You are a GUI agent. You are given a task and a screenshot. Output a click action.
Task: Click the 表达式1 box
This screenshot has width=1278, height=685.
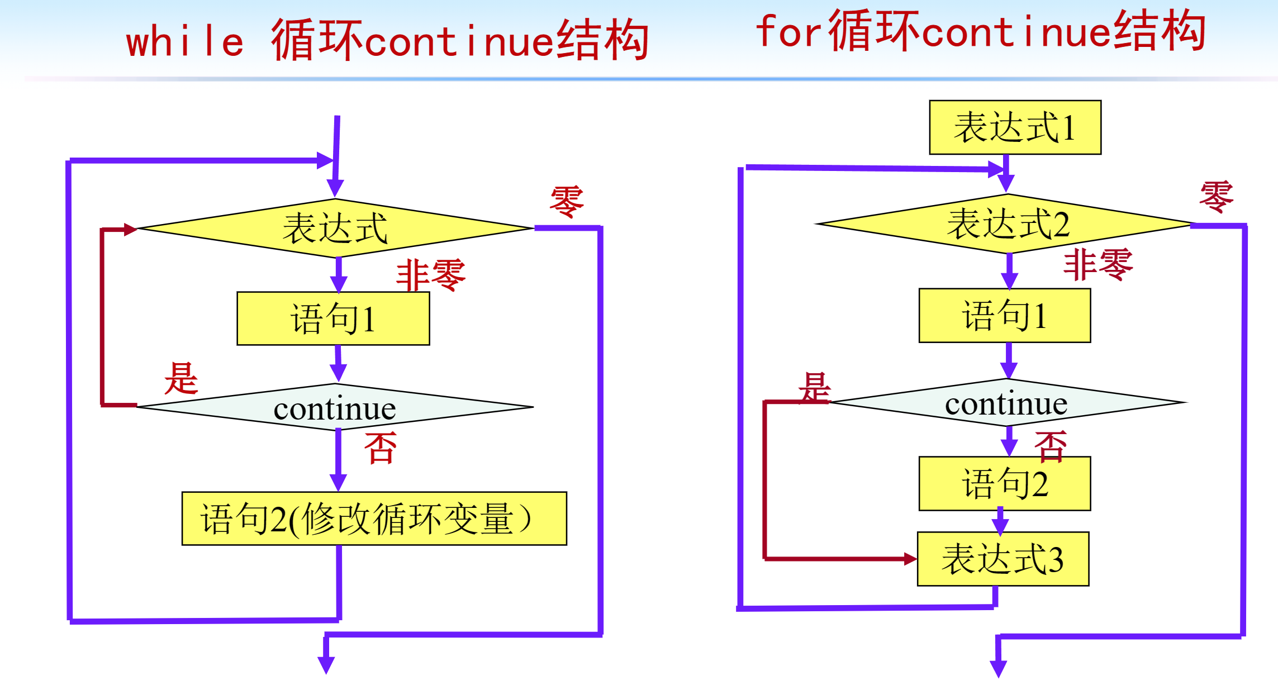pos(1015,127)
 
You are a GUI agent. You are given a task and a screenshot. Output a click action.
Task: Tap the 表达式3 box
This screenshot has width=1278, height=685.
pos(1003,559)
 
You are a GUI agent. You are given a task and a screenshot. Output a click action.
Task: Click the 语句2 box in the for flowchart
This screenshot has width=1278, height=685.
pos(1005,483)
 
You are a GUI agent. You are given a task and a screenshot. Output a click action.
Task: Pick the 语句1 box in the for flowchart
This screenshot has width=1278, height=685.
pos(1005,316)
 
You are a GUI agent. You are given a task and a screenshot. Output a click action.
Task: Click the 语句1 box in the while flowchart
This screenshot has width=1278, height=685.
pos(333,318)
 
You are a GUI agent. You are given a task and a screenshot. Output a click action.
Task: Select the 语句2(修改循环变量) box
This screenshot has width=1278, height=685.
pos(374,518)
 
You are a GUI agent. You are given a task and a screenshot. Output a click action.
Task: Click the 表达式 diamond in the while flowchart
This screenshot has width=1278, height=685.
pos(335,228)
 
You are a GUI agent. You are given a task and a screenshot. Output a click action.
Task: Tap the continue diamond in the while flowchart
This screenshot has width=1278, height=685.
pos(335,407)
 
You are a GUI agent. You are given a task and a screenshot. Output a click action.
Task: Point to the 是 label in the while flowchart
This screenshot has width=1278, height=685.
pos(181,378)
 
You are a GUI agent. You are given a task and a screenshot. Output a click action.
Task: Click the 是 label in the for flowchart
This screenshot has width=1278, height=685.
pos(815,387)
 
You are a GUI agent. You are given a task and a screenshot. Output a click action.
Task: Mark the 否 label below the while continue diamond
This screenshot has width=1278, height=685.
pos(381,448)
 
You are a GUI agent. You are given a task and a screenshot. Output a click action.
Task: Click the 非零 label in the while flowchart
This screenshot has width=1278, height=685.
pos(430,275)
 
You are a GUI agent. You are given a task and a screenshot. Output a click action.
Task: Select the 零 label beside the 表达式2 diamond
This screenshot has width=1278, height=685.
pos(1216,197)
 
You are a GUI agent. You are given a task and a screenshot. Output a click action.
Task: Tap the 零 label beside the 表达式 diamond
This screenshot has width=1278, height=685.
pos(567,202)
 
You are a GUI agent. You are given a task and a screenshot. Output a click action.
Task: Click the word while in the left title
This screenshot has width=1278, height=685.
pos(185,42)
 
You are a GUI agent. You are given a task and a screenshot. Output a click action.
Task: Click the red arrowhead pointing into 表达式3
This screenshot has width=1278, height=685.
pos(910,559)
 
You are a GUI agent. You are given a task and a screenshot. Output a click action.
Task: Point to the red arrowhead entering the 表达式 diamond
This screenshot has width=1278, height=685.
pos(130,229)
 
